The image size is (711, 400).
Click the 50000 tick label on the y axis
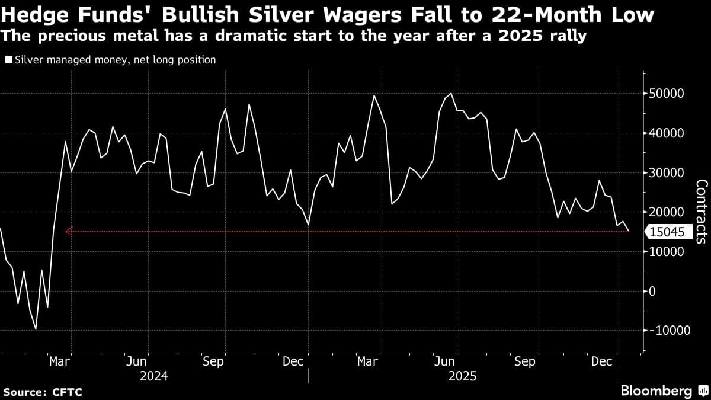tap(667, 94)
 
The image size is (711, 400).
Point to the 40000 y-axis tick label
tap(667, 133)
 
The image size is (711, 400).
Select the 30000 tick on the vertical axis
tap(667, 173)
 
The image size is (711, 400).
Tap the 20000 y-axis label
tap(667, 212)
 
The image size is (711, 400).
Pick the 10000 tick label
tap(667, 252)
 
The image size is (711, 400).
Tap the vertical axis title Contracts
tap(701, 212)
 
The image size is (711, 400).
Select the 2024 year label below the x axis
tap(154, 376)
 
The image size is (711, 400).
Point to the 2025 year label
tap(463, 376)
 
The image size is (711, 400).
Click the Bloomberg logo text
tap(656, 391)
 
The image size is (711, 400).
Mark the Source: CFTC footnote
tap(43, 392)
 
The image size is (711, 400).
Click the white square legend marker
tap(9, 60)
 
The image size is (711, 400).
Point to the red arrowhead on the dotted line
tap(68, 231)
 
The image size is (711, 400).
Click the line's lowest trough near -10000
tap(36, 329)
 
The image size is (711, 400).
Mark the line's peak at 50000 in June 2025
tap(451, 94)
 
